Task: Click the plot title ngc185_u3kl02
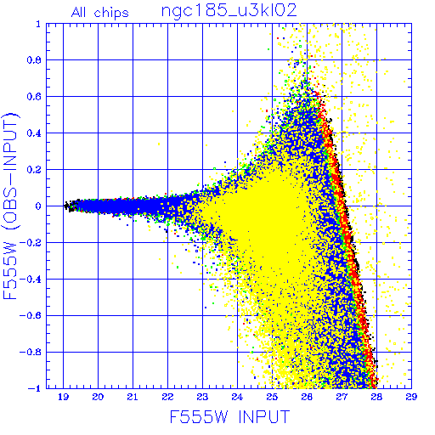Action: (229, 11)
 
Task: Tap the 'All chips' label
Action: (100, 13)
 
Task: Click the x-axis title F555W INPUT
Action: (229, 416)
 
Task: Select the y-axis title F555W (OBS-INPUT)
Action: (10, 206)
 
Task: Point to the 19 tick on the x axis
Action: (63, 397)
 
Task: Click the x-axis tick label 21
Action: (133, 397)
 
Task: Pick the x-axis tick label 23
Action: (202, 397)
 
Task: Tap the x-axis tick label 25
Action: (272, 397)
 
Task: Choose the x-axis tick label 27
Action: (342, 397)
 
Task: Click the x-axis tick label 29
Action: (411, 397)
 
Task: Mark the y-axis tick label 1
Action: (38, 24)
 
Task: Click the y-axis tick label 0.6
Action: (34, 97)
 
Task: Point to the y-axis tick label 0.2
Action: (34, 170)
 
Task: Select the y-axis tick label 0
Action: (38, 206)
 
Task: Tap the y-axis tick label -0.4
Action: (31, 279)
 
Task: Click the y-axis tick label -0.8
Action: (31, 352)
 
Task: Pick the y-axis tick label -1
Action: (35, 388)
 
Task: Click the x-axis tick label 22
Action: (167, 397)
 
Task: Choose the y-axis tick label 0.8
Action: (34, 60)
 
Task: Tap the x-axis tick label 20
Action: (98, 397)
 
